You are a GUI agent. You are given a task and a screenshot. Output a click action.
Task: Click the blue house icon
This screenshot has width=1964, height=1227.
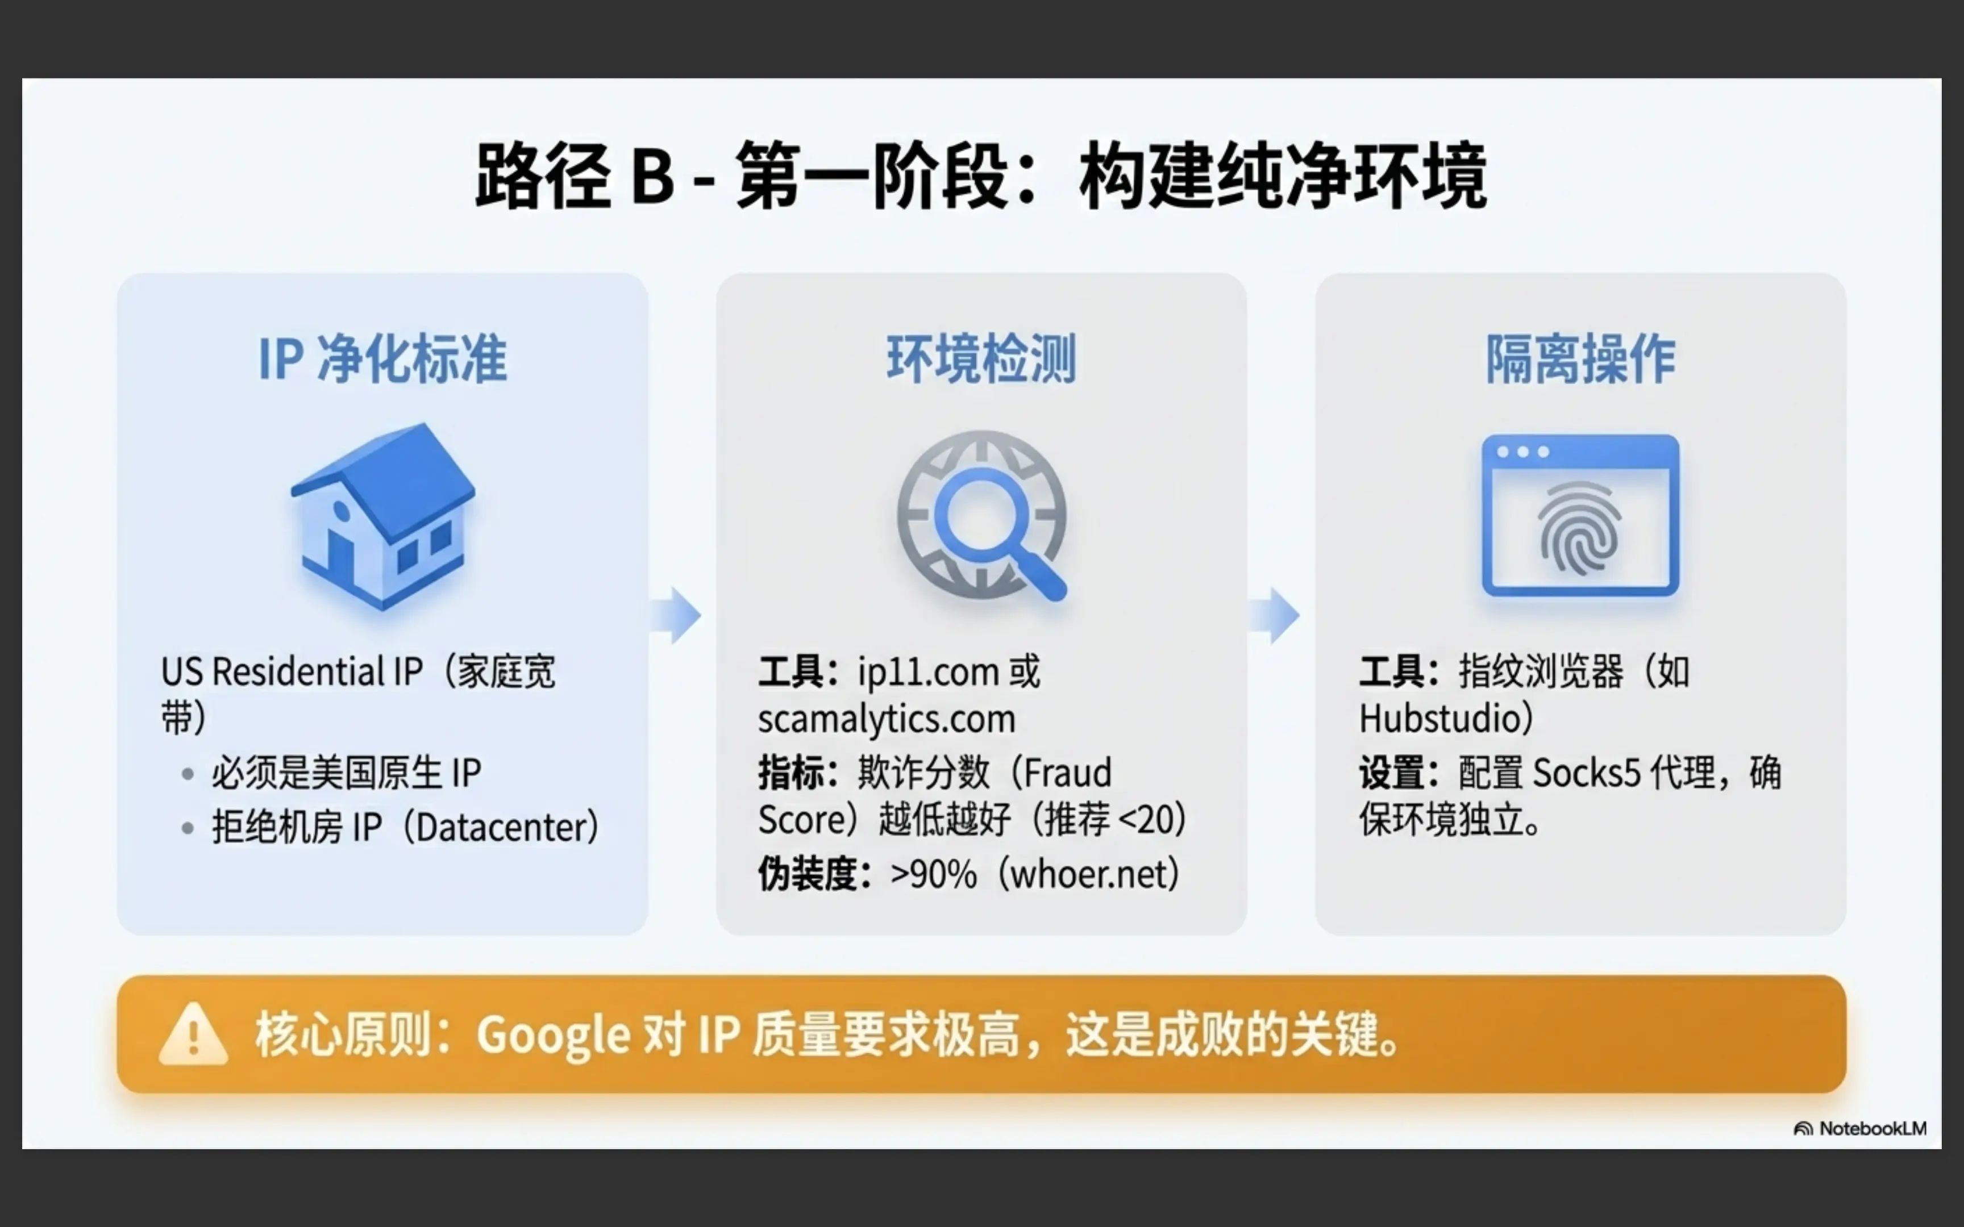[383, 516]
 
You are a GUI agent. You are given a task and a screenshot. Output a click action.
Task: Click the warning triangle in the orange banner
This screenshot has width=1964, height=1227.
[193, 1034]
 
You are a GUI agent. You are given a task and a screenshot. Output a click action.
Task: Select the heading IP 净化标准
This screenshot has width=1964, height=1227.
[383, 358]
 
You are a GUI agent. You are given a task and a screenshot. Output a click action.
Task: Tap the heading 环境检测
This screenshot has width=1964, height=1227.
[982, 358]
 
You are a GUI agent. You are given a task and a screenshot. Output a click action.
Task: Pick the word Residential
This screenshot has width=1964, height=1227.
[298, 672]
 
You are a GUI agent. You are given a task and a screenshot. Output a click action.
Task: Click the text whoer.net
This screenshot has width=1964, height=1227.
[1088, 874]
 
